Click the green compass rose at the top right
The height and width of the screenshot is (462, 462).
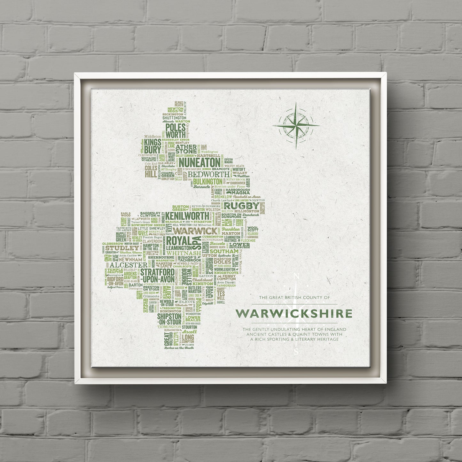(x=296, y=125)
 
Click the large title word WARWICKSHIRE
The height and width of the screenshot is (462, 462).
(x=294, y=314)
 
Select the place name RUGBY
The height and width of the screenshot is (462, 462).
(x=242, y=205)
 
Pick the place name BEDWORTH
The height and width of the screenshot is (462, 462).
(x=208, y=174)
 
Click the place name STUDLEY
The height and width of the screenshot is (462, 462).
(x=118, y=248)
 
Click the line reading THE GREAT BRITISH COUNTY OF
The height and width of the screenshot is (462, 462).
(x=294, y=298)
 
